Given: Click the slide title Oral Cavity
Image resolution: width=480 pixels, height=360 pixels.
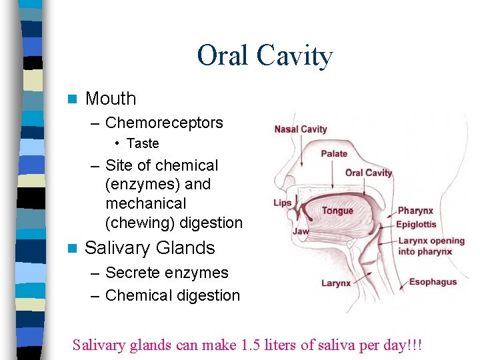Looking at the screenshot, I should pyautogui.click(x=265, y=56).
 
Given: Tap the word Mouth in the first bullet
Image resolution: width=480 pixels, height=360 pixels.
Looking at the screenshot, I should pyautogui.click(x=111, y=99).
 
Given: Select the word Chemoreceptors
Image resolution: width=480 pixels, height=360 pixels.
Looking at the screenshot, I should pyautogui.click(x=164, y=123).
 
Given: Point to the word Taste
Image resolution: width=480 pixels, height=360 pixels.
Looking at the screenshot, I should pyautogui.click(x=143, y=143).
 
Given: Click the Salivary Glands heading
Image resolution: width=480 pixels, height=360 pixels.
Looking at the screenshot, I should pyautogui.click(x=150, y=248).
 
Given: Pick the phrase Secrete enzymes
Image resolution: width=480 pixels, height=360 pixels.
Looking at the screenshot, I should pyautogui.click(x=167, y=273).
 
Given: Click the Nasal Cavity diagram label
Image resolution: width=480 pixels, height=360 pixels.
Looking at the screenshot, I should pyautogui.click(x=301, y=129).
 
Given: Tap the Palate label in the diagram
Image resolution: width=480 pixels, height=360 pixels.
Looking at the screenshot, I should pyautogui.click(x=334, y=153).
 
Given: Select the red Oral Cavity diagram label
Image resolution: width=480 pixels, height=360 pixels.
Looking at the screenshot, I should pyautogui.click(x=369, y=173).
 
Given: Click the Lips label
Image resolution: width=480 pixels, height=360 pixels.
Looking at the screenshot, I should pyautogui.click(x=283, y=203).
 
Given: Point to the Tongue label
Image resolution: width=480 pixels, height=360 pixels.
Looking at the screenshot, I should pyautogui.click(x=337, y=211).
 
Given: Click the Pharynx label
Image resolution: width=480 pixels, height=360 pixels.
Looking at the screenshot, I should pyautogui.click(x=415, y=211).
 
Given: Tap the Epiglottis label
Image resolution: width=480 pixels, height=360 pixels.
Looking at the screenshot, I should pyautogui.click(x=417, y=225).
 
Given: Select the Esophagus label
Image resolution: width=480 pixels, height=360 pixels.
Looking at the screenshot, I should pyautogui.click(x=433, y=281).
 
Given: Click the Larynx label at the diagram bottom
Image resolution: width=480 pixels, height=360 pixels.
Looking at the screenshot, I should pyautogui.click(x=335, y=283).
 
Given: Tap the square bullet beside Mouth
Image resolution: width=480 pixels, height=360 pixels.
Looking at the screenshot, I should pyautogui.click(x=73, y=99).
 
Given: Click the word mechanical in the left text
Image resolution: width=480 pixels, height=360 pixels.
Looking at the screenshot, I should pyautogui.click(x=146, y=203).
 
